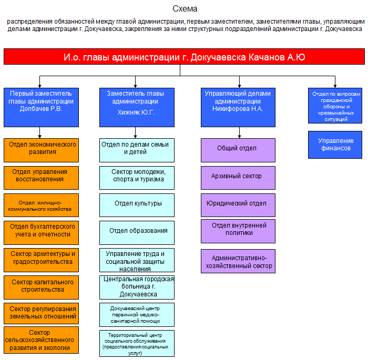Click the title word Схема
[x=185, y=9]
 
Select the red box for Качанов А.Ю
[x=184, y=57]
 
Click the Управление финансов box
[x=335, y=145]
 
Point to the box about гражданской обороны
[x=335, y=107]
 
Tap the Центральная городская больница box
[x=137, y=287]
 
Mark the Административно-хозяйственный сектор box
[x=238, y=261]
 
